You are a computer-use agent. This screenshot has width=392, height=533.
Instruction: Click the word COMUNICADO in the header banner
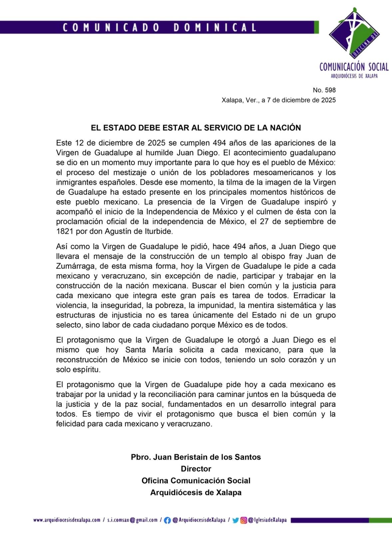[x=111, y=27]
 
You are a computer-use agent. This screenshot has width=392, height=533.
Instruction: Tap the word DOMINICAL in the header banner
[x=215, y=27]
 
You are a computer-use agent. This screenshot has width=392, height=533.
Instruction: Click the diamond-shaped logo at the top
[x=354, y=33]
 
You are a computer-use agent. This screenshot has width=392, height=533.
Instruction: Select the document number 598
[x=329, y=90]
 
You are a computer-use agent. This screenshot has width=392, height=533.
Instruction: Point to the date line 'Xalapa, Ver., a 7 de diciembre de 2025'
[x=278, y=100]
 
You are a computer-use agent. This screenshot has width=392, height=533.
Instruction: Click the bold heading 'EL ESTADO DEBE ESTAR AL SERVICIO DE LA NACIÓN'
[x=196, y=128]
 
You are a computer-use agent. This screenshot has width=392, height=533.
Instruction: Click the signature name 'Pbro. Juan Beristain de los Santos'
[x=196, y=457]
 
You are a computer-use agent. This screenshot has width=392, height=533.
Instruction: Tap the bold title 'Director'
[x=196, y=469]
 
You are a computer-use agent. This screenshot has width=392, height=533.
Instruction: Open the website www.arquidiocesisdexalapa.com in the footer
[x=67, y=520]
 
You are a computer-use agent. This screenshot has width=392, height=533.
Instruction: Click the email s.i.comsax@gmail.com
[x=132, y=520]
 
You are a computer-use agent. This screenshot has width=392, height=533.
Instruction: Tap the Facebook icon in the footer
[x=167, y=520]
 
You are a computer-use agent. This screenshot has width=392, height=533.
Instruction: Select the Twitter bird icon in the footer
[x=235, y=520]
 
